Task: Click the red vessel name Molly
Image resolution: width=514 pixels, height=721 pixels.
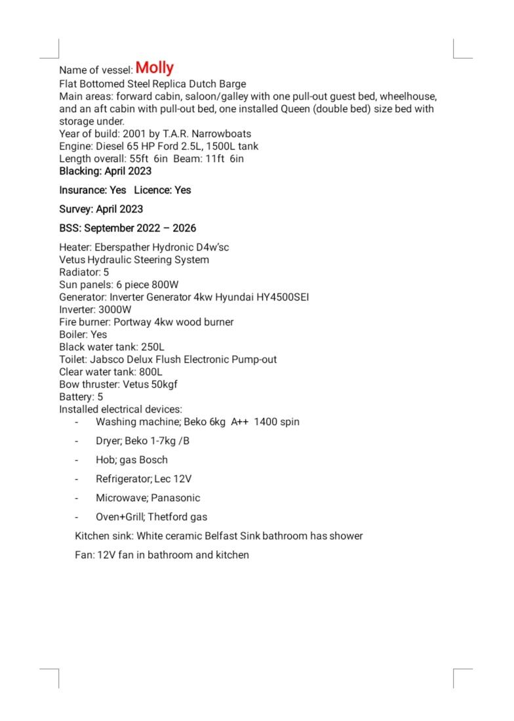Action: pyautogui.click(x=155, y=68)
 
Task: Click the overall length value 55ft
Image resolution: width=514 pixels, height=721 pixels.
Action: pyautogui.click(x=140, y=159)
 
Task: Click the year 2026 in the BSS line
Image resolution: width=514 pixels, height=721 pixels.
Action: pyautogui.click(x=184, y=228)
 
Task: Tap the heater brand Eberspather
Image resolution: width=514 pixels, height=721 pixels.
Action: pyautogui.click(x=125, y=247)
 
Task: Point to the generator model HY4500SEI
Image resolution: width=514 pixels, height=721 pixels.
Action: pyautogui.click(x=277, y=297)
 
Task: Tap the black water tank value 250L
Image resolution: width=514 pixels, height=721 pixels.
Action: pyautogui.click(x=153, y=347)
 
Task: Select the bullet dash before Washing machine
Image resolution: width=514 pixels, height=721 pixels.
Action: pyautogui.click(x=77, y=422)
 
